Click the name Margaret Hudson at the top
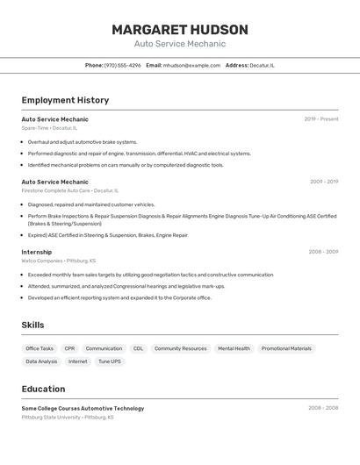tap(180, 30)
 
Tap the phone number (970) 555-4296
tap(122, 65)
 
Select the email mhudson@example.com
tap(191, 65)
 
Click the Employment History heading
tap(65, 100)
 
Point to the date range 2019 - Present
tap(321, 119)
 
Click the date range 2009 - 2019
tap(324, 182)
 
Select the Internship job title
tap(37, 252)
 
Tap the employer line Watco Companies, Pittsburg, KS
tap(59, 261)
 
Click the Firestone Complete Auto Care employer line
tap(69, 190)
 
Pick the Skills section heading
tap(32, 325)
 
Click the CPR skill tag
tap(69, 348)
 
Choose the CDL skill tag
tap(138, 348)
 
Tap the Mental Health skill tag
tap(234, 348)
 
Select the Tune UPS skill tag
tap(110, 361)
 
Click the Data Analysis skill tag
tap(41, 361)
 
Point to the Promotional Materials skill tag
tap(286, 348)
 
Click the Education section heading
tap(43, 389)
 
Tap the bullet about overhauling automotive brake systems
tap(83, 141)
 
